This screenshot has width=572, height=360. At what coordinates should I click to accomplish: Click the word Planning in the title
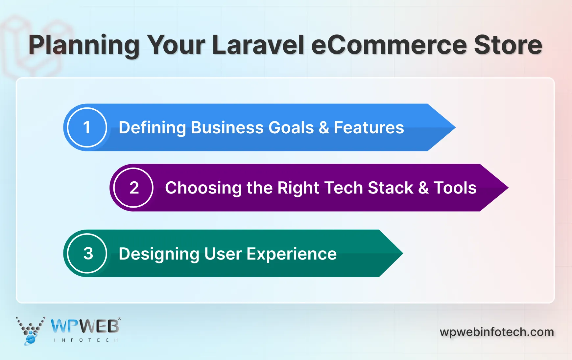84,45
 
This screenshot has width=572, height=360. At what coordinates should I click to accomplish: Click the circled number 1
87,127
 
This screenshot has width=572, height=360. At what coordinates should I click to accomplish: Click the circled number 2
133,188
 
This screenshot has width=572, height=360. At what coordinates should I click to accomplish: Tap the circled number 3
87,254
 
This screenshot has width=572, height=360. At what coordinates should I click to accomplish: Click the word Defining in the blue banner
152,128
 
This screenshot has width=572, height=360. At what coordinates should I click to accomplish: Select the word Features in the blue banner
369,127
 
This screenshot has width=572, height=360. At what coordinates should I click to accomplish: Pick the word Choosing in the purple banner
203,188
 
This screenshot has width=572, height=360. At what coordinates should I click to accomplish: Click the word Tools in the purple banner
455,188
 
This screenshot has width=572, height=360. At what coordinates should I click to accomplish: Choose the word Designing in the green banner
159,254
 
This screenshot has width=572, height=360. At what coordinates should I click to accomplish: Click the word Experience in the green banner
292,254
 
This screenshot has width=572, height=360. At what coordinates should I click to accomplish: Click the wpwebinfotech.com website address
497,332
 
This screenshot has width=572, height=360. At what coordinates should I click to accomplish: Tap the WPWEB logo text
85,326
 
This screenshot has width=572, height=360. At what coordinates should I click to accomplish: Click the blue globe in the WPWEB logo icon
31,339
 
